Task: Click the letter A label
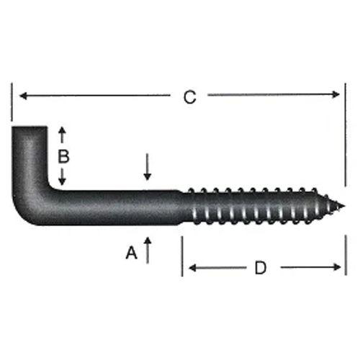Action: click(x=131, y=253)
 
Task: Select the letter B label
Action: click(x=63, y=156)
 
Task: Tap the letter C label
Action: click(x=189, y=97)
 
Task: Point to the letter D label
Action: click(x=261, y=268)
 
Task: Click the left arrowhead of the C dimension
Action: click(x=22, y=95)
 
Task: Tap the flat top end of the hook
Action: click(x=30, y=130)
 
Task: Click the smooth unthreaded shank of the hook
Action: click(x=115, y=207)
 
